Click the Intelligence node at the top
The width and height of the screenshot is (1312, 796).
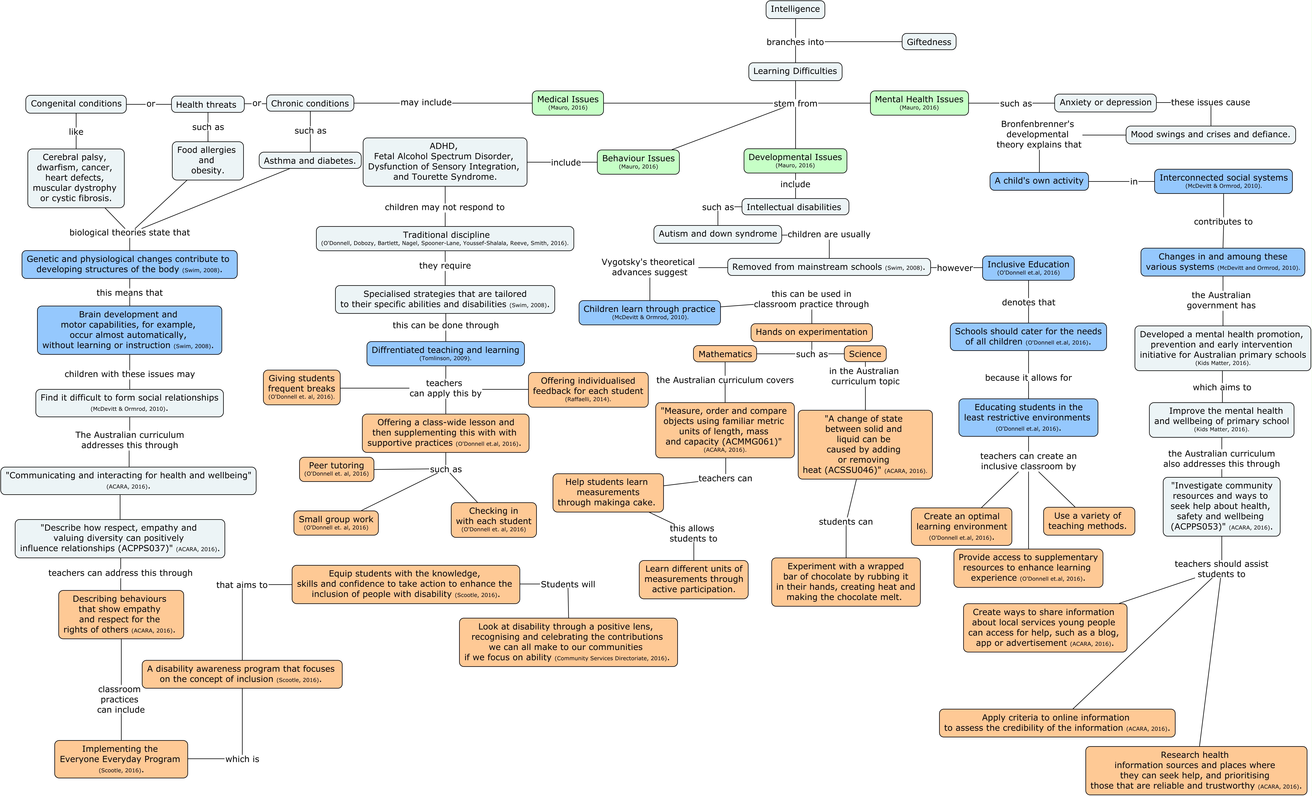tap(795, 9)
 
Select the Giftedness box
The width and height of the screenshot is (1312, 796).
tap(929, 42)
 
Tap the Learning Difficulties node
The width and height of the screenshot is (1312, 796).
tap(795, 71)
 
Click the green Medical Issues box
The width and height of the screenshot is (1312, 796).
tap(568, 102)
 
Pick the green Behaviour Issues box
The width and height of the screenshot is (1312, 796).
tap(638, 161)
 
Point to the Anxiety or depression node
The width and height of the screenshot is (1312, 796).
tap(1105, 102)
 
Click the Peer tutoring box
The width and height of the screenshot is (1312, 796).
tap(337, 469)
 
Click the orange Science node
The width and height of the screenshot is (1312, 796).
tap(865, 354)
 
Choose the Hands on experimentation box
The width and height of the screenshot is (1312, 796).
tap(812, 332)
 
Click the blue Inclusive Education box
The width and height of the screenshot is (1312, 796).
tap(1028, 268)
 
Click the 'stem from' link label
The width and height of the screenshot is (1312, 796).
tap(795, 103)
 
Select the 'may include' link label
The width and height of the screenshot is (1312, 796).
tap(426, 102)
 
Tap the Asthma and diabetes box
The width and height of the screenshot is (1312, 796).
tap(309, 160)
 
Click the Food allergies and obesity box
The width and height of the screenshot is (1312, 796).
tap(207, 160)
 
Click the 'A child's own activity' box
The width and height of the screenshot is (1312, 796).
tap(1039, 181)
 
